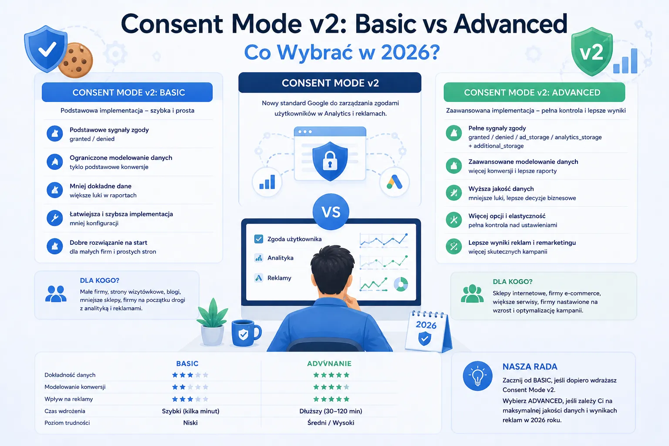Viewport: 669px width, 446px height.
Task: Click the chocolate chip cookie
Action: (x=75, y=60)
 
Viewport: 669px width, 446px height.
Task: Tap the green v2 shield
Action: (x=591, y=51)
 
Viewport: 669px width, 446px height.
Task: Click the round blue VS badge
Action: (x=331, y=212)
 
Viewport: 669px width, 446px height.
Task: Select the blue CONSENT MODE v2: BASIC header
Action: (x=127, y=92)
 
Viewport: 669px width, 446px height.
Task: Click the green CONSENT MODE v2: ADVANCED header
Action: (x=534, y=92)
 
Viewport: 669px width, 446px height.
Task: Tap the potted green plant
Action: (x=213, y=322)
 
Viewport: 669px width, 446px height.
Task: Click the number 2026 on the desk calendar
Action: (x=426, y=325)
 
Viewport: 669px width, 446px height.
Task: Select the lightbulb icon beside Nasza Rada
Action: (x=477, y=376)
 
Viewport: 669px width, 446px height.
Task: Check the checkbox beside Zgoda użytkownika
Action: (x=259, y=239)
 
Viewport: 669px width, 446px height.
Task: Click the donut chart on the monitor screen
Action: (x=401, y=284)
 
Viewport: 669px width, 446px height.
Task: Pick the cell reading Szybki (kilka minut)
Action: (x=190, y=411)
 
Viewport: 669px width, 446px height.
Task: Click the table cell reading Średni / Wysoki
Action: (x=331, y=423)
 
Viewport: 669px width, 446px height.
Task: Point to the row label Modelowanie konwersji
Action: (x=75, y=387)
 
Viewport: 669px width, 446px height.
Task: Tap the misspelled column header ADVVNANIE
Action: (x=329, y=364)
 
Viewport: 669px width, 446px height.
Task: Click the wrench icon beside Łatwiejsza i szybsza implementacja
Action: (x=54, y=218)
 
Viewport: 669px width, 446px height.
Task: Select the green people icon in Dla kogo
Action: (x=472, y=294)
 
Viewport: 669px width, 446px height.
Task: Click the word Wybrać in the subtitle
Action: (x=316, y=52)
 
